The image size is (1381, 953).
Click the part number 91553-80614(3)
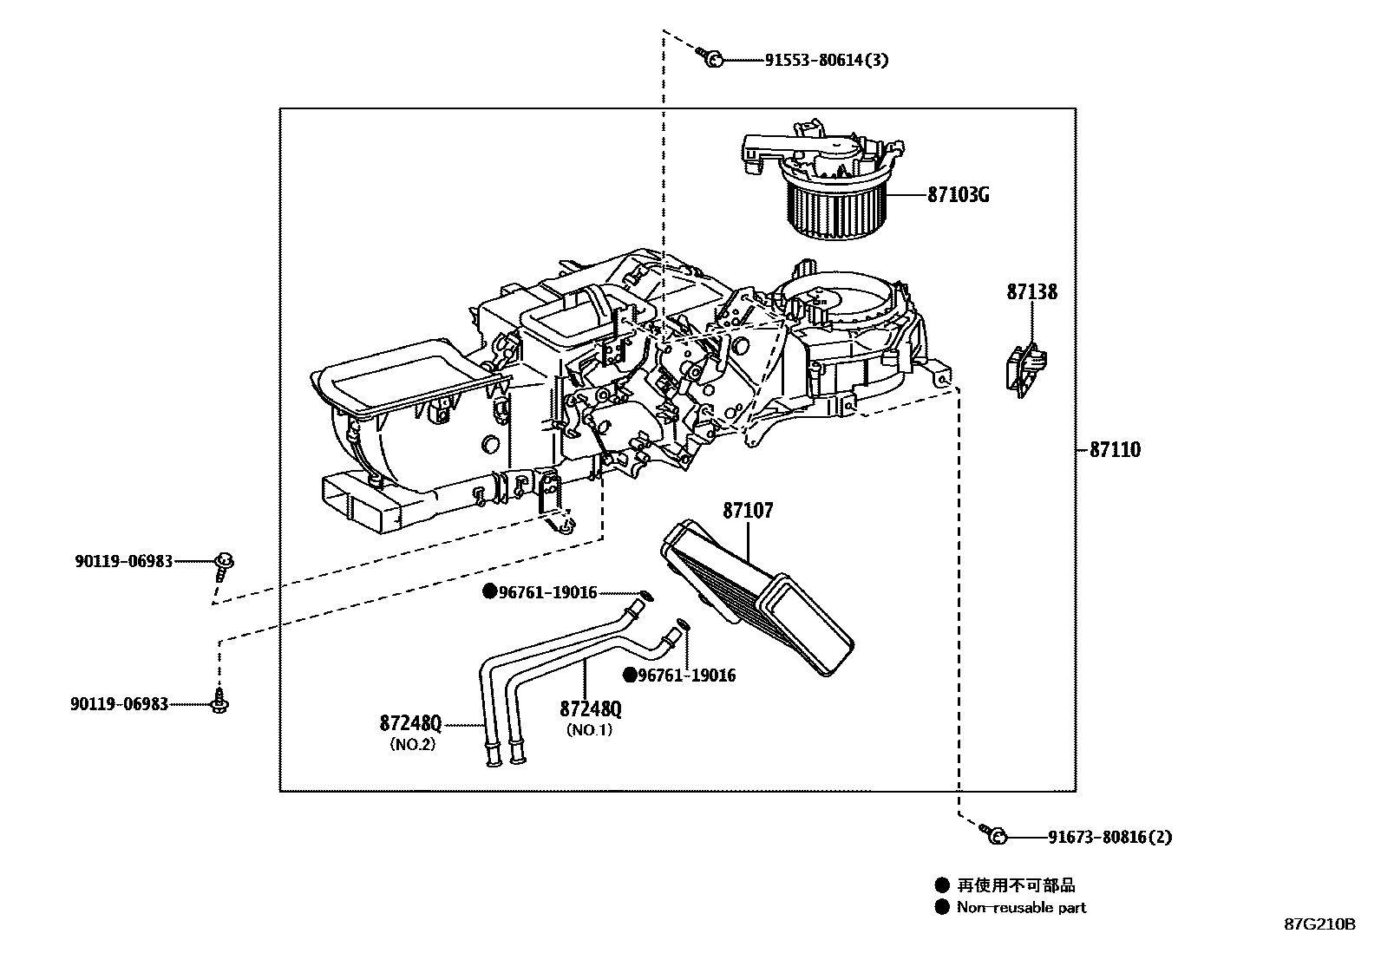coord(827,60)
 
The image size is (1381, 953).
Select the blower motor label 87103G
coord(958,195)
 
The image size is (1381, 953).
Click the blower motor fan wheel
coord(837,206)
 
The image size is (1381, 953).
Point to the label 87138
coord(1031,292)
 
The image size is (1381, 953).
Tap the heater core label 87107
coord(748,512)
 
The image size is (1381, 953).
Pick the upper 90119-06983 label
coord(124,562)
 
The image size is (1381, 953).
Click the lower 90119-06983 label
coord(120,705)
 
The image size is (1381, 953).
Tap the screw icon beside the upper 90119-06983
coord(224,565)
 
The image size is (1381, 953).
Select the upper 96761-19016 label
coord(547,592)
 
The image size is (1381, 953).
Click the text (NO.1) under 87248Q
coord(589,730)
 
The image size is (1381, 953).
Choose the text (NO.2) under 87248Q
coord(412,744)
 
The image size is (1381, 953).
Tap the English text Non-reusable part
coord(1021,908)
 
